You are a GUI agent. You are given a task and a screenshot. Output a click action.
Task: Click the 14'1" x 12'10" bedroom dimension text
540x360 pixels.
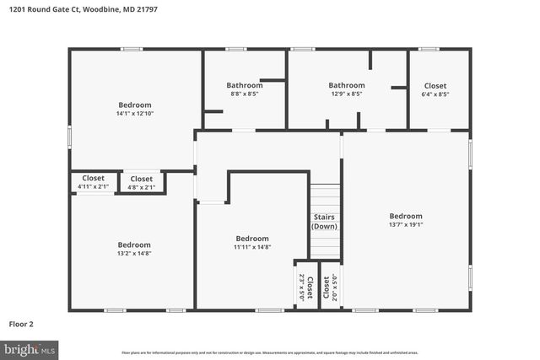tap(134, 114)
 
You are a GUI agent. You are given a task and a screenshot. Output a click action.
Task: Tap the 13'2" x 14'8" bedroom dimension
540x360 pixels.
tap(134, 253)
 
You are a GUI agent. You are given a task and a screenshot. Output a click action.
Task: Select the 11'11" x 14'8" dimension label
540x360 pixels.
tap(252, 247)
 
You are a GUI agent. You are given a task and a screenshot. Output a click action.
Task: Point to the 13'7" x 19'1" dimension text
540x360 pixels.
tap(406, 225)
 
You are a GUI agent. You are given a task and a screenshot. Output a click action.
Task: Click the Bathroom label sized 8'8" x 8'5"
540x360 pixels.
tap(245, 94)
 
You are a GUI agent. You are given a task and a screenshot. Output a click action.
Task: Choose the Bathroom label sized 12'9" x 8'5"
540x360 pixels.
tap(346, 94)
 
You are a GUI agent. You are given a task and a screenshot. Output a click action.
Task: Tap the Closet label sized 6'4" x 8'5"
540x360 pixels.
tap(435, 94)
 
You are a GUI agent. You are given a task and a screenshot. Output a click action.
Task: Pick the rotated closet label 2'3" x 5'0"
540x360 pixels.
tap(302, 288)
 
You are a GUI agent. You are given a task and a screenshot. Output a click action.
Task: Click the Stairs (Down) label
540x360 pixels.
tap(325, 222)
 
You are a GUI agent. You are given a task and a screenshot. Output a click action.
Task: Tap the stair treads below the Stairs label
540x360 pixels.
tap(325, 246)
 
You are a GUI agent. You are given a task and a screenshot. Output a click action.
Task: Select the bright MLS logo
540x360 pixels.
tap(30, 348)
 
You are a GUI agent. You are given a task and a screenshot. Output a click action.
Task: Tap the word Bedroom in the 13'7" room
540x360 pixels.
tap(406, 216)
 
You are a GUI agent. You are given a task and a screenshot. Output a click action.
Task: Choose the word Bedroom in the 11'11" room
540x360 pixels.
tap(252, 238)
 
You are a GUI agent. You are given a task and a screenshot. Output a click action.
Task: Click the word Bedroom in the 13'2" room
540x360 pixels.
tap(134, 244)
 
